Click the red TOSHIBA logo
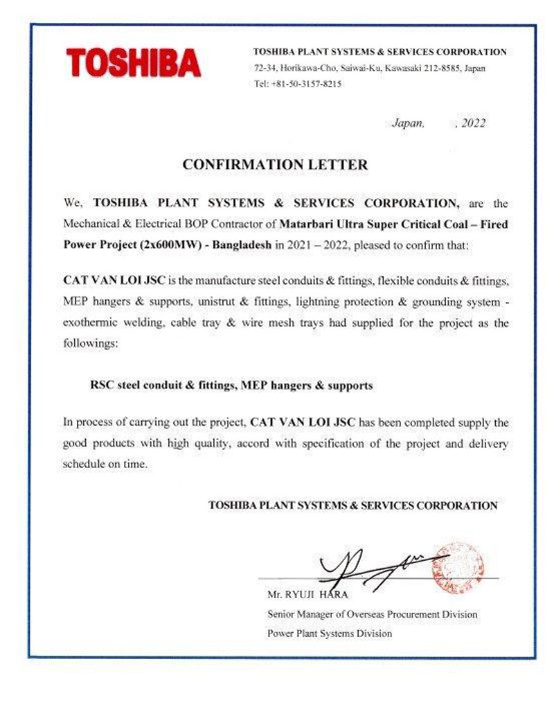pyautogui.click(x=134, y=63)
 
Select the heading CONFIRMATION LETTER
pyautogui.click(x=274, y=165)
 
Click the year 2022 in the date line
pyautogui.click(x=473, y=124)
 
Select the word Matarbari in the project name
pyautogui.click(x=307, y=224)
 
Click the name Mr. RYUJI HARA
pyautogui.click(x=307, y=595)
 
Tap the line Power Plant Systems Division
pyautogui.click(x=329, y=633)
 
